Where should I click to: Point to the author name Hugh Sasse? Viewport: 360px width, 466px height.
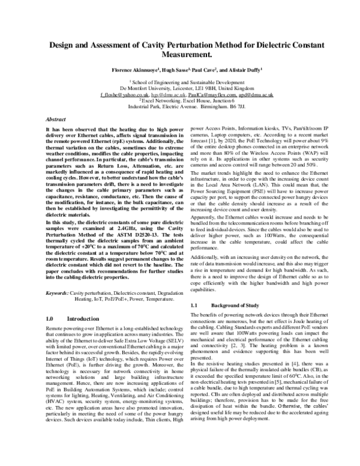pyautogui.click(x=173, y=70)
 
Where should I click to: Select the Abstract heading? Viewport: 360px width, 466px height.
pyautogui.click(x=56, y=120)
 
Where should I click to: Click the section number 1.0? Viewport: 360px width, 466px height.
pyautogui.click(x=51, y=318)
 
